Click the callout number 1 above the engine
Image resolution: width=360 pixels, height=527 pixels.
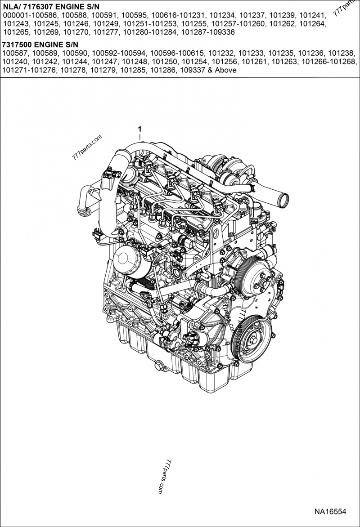click(x=140, y=129)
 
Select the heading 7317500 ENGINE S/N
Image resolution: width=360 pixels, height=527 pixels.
click(x=40, y=45)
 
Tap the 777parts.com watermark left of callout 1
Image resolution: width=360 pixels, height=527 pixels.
click(x=87, y=148)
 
